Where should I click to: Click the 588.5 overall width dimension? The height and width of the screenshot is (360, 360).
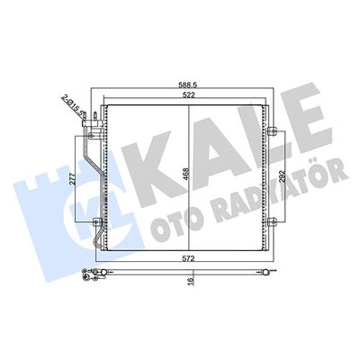click(187, 86)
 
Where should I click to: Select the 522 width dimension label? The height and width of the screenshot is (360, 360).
click(187, 95)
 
